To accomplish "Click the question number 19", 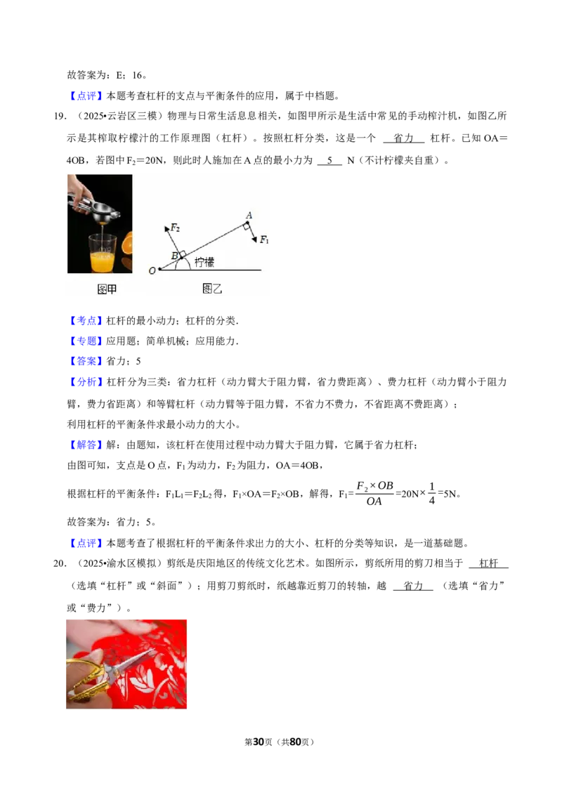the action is pos(59,116).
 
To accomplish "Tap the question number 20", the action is pos(59,563).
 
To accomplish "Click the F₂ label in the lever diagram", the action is pos(176,228).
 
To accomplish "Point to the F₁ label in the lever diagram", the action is pos(264,239).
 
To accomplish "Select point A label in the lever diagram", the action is pos(249,216).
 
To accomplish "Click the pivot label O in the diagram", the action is pos(152,271).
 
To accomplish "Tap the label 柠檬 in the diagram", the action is pos(204,262).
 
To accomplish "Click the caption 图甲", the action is pos(107,289).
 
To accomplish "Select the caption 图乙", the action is pos(212,289).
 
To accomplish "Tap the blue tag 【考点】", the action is pos(86,320).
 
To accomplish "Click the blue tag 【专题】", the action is pos(86,341).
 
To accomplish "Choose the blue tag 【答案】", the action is pos(86,361).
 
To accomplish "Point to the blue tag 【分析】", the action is pos(86,382).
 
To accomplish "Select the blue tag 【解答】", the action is pos(86,445).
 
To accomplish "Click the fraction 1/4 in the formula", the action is pos(431,493).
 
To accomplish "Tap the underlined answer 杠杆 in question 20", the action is pos(488,563).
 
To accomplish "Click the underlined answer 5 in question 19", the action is pos(329,161).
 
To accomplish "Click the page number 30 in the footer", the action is pos(259,742).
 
